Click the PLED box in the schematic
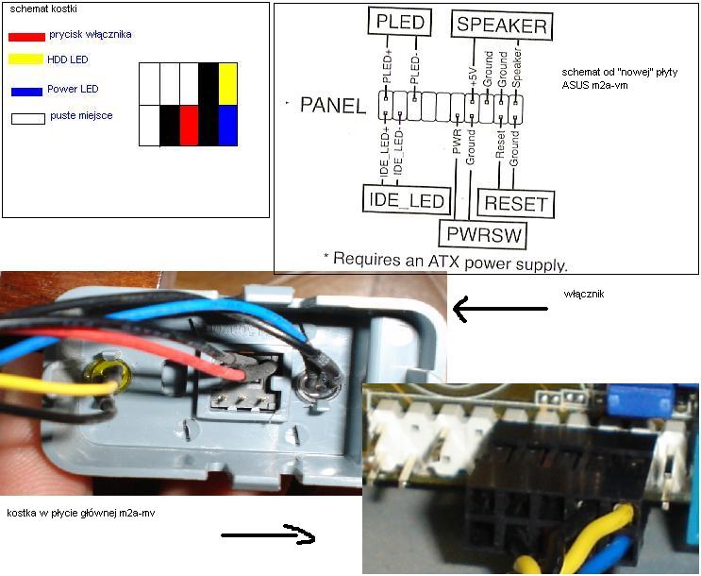coord(400,22)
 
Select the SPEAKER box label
coord(502,25)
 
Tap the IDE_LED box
coord(407,199)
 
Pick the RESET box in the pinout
coord(516,203)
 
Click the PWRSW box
coord(484,234)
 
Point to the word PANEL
coord(333,106)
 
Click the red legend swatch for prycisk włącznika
coord(26,37)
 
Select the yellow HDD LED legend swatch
coord(25,59)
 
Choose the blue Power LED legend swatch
coord(26,92)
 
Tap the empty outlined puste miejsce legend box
coord(28,119)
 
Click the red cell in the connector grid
coord(189,126)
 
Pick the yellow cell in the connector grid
coord(228,84)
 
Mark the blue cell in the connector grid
coord(228,126)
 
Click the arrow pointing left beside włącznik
coord(500,309)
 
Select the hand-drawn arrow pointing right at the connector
coord(268,534)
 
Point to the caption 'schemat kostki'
coord(43,8)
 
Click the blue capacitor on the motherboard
coord(641,399)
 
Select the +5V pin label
coord(474,76)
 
